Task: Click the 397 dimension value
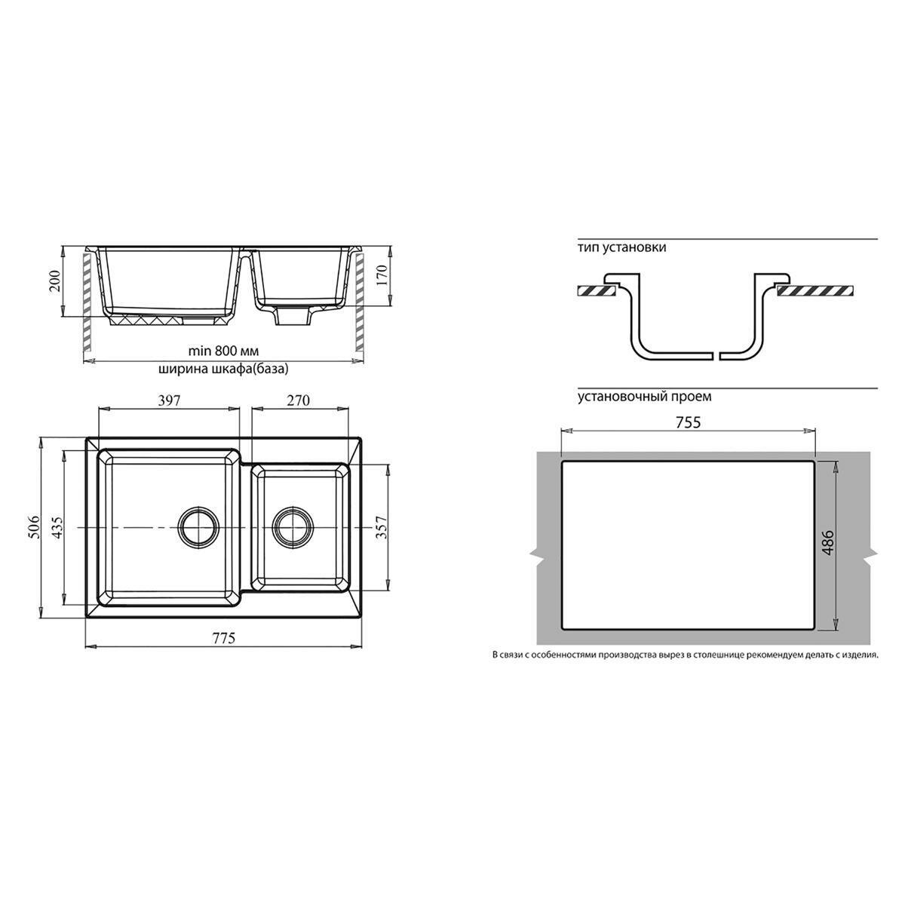click(x=169, y=400)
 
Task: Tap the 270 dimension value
click(x=298, y=400)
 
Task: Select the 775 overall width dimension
click(x=223, y=639)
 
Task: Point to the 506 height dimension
click(x=35, y=526)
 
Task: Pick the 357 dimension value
click(x=382, y=527)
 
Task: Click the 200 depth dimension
click(x=55, y=281)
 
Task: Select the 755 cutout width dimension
click(x=688, y=422)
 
